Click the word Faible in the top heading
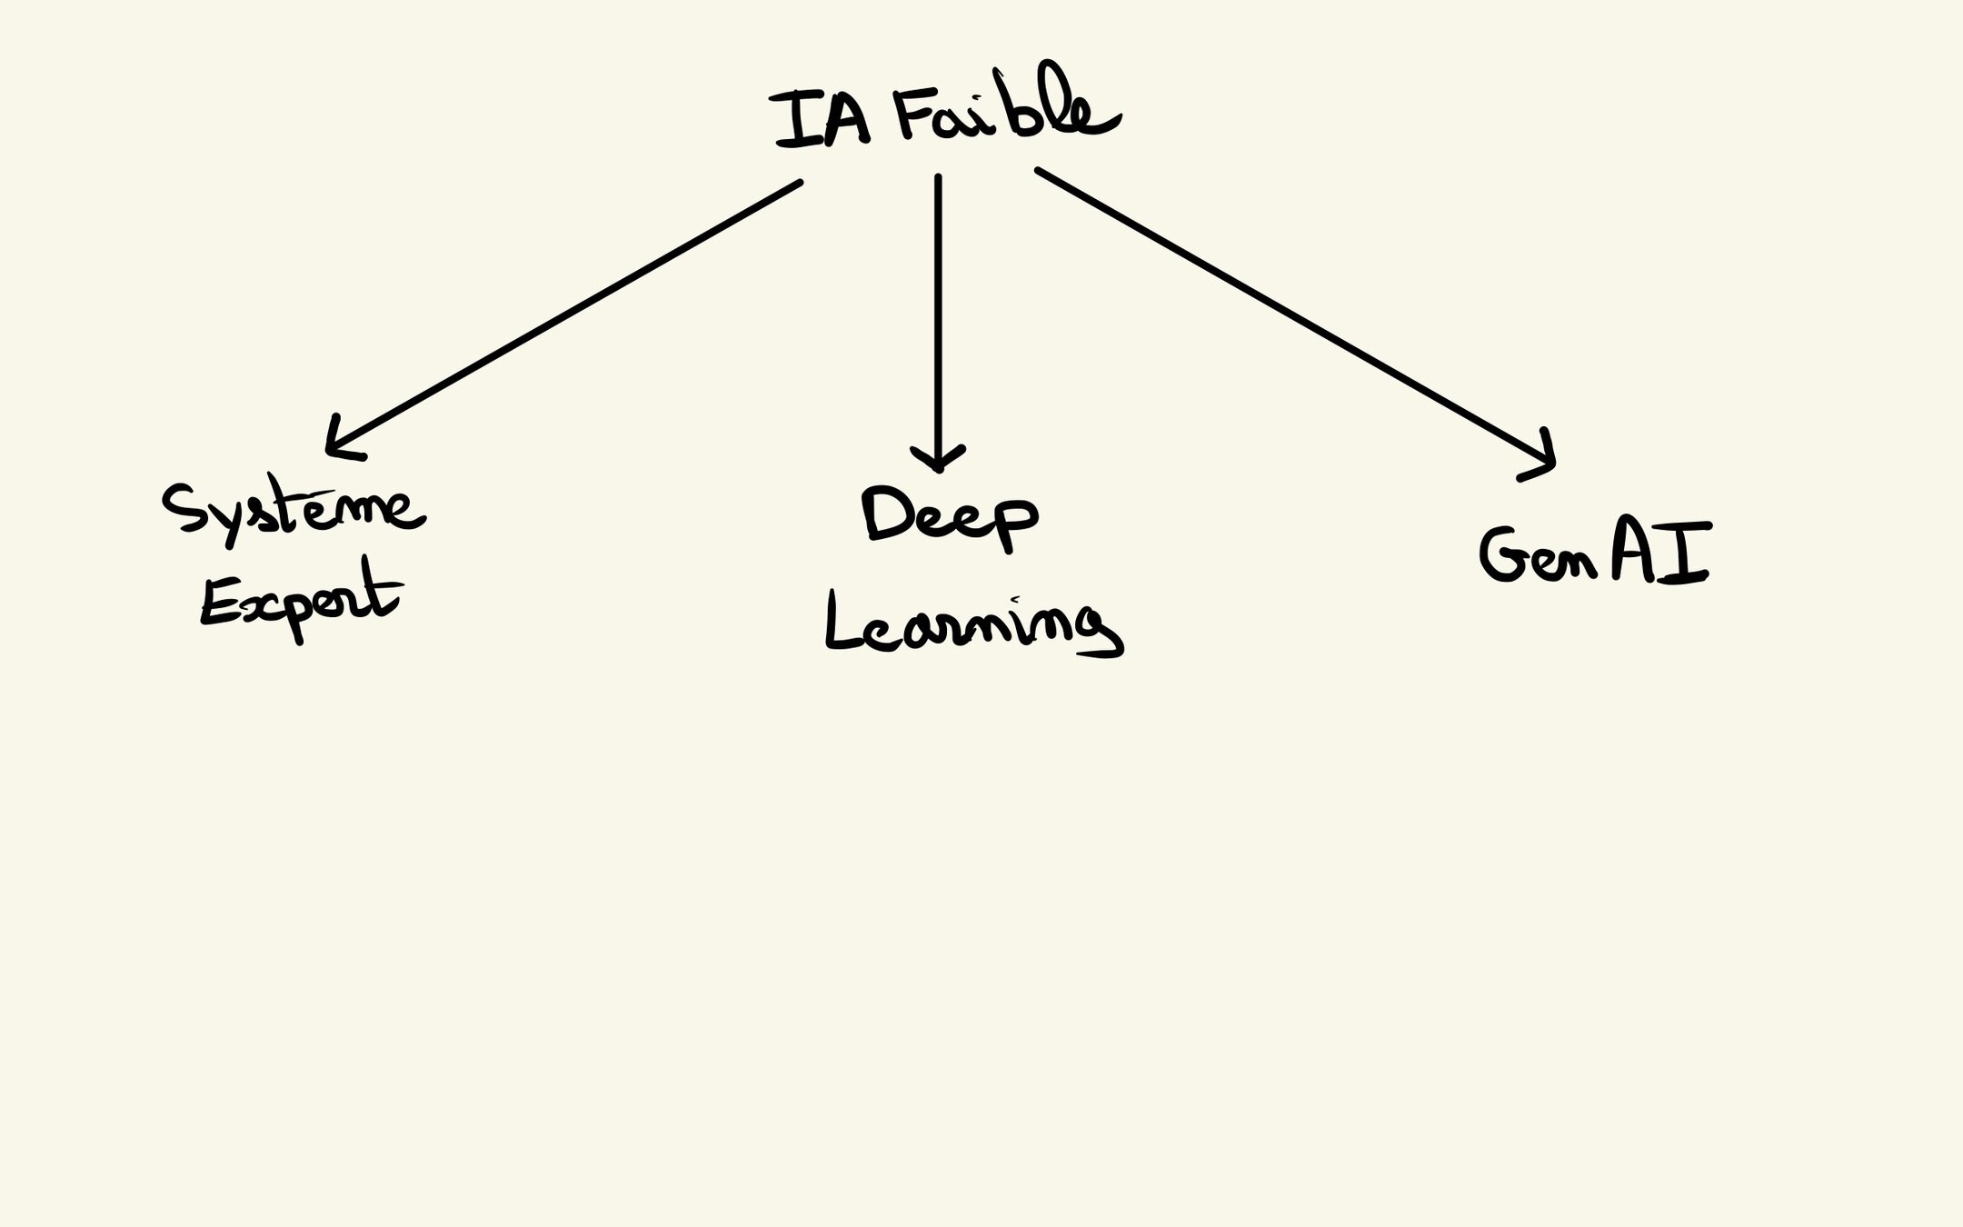pos(1004,114)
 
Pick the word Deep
pos(950,516)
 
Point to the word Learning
pos(972,627)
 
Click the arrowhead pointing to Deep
pos(938,459)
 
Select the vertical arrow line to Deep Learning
pos(938,309)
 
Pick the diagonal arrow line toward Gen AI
pos(1290,314)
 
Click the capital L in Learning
pos(841,623)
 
